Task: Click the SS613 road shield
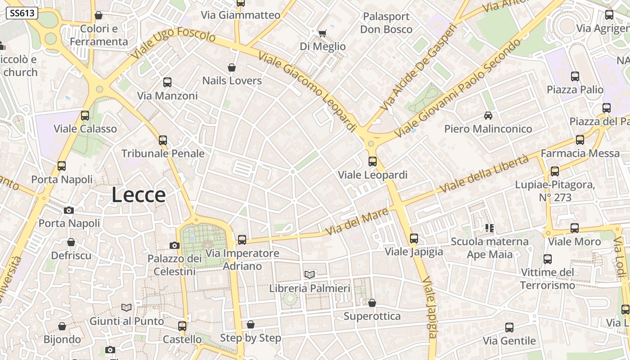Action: click(22, 13)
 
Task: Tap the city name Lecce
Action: click(139, 195)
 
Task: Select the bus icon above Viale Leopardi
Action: click(373, 161)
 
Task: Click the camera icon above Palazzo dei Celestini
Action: click(175, 245)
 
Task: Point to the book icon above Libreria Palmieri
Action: click(310, 274)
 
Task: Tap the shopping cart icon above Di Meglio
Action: click(322, 33)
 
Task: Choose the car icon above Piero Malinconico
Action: click(488, 116)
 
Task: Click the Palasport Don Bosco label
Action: click(386, 23)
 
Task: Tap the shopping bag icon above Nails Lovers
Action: click(232, 68)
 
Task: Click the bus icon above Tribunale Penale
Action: click(163, 140)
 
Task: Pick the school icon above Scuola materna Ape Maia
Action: click(490, 228)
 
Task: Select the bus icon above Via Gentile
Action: click(509, 328)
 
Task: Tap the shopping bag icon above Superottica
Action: click(372, 303)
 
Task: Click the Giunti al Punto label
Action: click(127, 321)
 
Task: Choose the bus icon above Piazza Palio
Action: click(575, 76)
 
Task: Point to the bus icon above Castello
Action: click(182, 326)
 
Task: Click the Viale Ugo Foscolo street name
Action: click(174, 44)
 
